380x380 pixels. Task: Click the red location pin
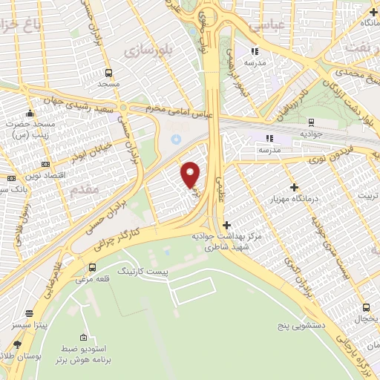tap(191, 174)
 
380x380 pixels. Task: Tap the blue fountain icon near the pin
tap(176, 139)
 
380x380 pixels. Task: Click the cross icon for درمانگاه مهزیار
tap(295, 188)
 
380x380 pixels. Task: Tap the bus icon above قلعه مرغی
tap(92, 267)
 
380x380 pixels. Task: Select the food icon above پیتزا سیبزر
tap(28, 313)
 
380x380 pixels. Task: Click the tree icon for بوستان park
tap(17, 344)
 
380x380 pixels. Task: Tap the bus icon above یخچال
tap(366, 307)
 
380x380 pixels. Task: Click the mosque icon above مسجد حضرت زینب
tap(29, 114)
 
